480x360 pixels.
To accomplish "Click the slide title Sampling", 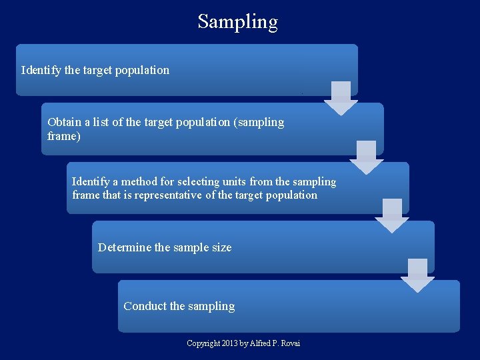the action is [x=237, y=21].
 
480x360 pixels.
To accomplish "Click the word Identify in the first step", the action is [x=41, y=70].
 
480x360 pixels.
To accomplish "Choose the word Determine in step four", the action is [x=125, y=247].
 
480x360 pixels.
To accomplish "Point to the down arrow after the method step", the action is [x=392, y=215].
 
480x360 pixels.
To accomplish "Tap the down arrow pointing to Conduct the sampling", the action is [x=417, y=274].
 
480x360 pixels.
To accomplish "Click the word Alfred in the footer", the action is [x=258, y=343].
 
